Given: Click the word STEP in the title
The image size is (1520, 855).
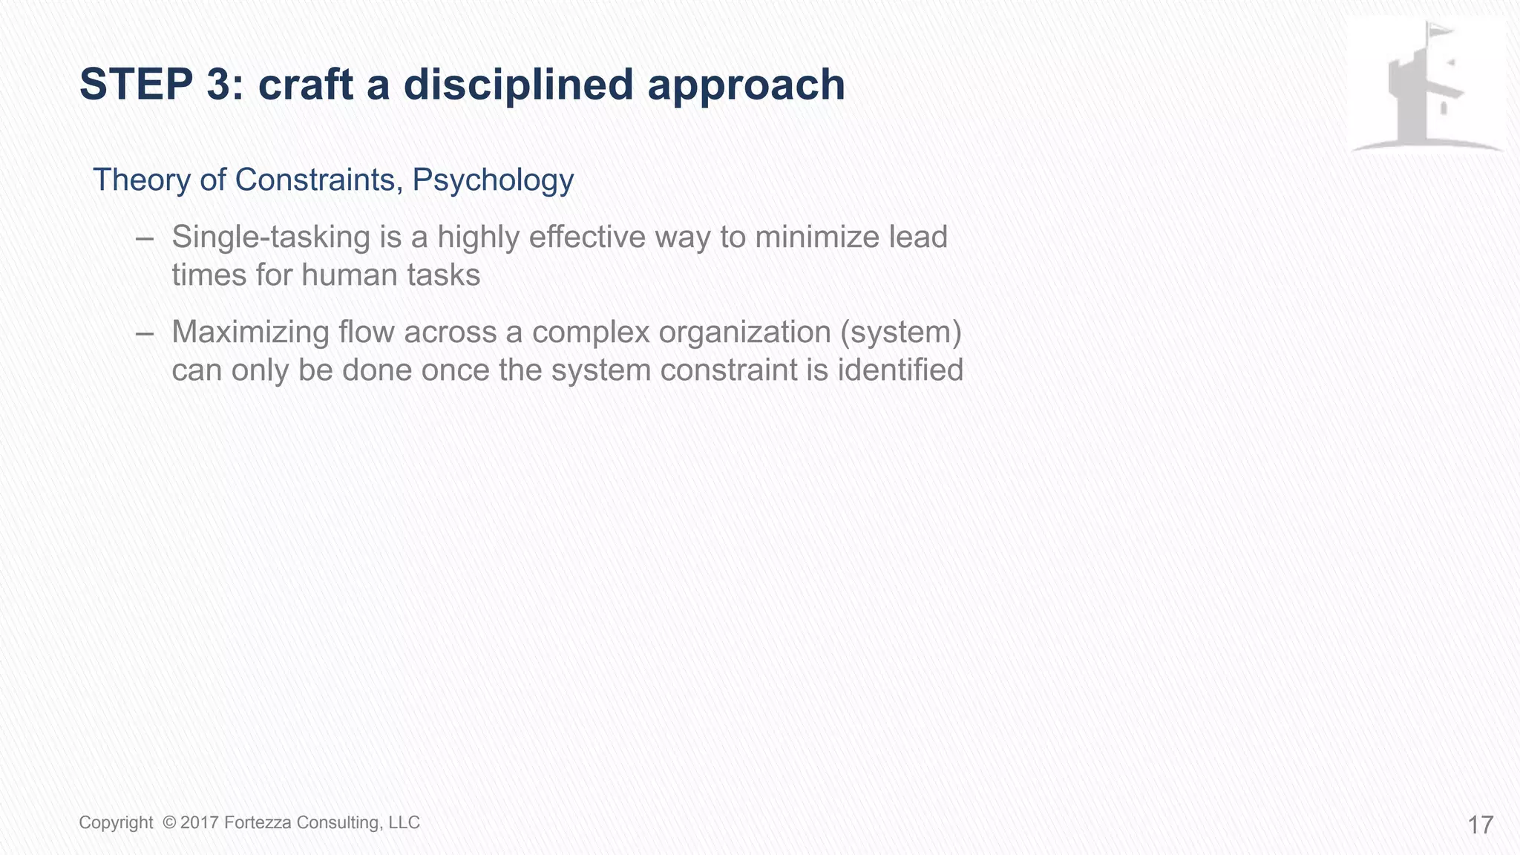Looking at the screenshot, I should pyautogui.click(x=137, y=85).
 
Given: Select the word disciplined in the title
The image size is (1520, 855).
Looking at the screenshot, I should pyautogui.click(x=518, y=85).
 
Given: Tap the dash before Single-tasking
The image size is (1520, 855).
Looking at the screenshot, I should pyautogui.click(x=145, y=238).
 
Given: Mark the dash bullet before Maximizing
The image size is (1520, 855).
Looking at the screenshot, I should pyautogui.click(x=145, y=333).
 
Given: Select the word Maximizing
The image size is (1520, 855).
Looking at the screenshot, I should pyautogui.click(x=250, y=332).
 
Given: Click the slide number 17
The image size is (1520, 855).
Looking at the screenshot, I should pyautogui.click(x=1480, y=825).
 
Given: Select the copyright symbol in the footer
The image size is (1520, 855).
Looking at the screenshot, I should pyautogui.click(x=169, y=822).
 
